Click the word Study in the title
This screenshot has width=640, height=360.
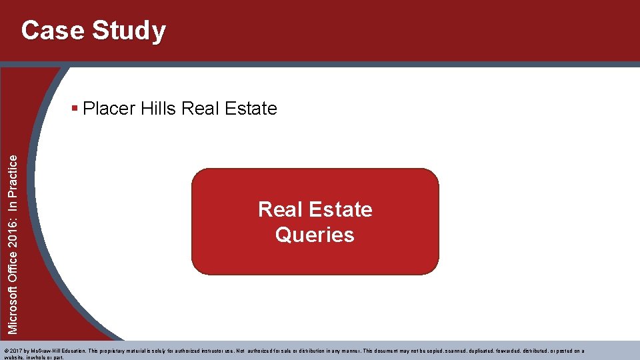[x=129, y=31]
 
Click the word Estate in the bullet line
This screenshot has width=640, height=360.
[x=251, y=108]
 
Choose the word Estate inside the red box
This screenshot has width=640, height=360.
[x=344, y=209]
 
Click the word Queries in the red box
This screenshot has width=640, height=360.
[x=315, y=235]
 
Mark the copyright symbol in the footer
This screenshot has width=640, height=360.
[x=6, y=351]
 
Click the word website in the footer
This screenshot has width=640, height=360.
[x=13, y=357]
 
